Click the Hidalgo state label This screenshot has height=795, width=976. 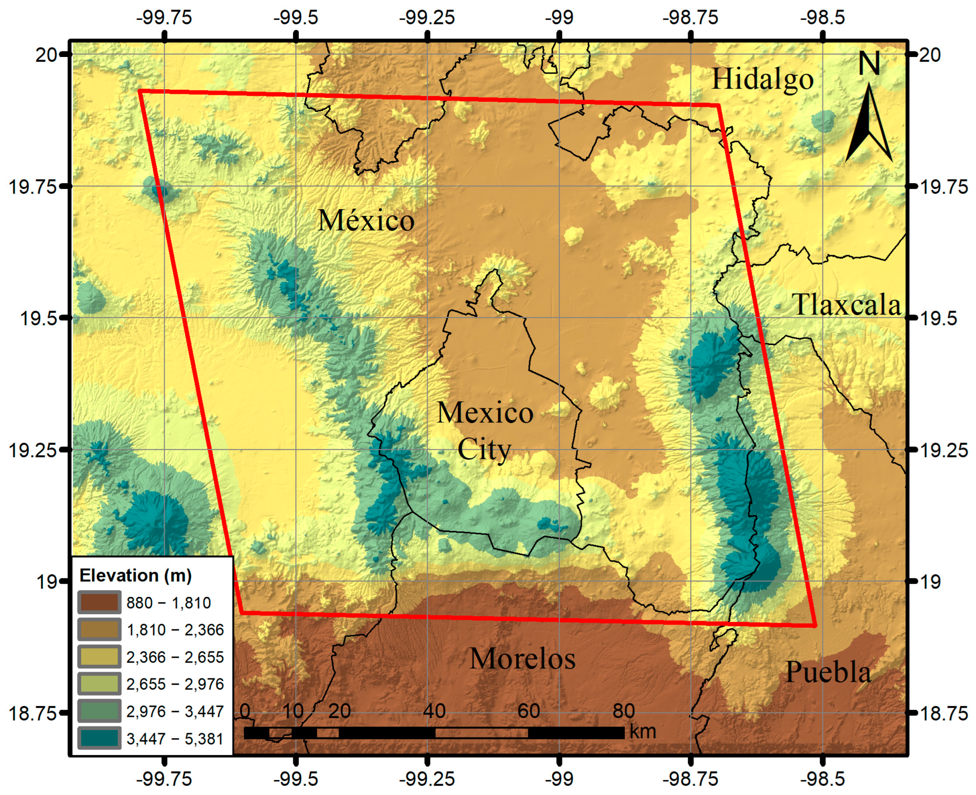coord(762,79)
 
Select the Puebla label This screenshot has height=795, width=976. coord(828,672)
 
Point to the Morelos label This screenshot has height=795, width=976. coord(522,658)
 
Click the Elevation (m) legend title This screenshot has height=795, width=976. coord(136,576)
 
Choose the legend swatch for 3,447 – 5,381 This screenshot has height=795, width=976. coord(99,738)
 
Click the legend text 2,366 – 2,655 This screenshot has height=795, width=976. coord(175,657)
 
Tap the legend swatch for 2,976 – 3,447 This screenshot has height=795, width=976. coord(99,711)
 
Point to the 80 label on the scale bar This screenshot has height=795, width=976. coord(623,711)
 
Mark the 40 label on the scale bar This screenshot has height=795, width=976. coord(434,711)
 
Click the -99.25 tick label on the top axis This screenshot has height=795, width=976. coord(427,18)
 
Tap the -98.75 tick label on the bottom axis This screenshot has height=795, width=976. coord(690,779)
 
